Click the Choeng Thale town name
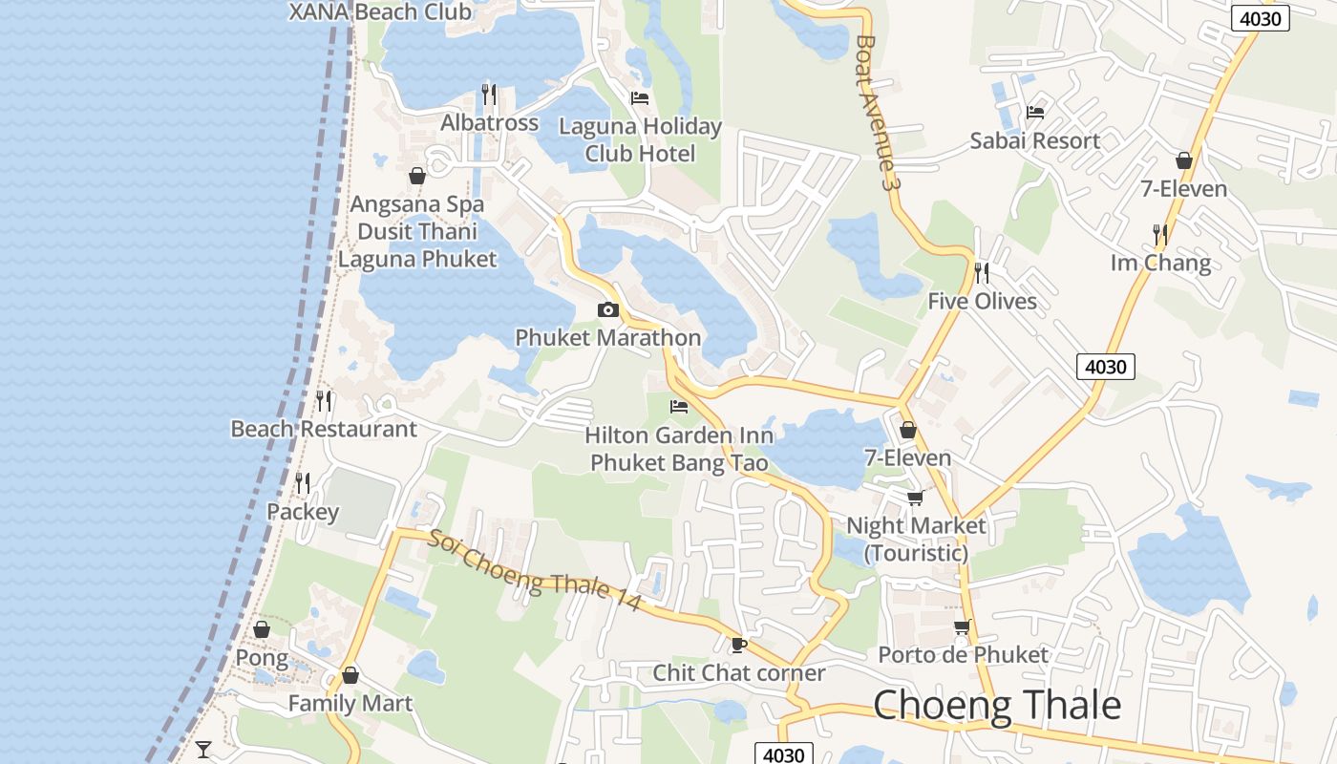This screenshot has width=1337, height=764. [997, 705]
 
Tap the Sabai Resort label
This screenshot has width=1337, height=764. [1035, 140]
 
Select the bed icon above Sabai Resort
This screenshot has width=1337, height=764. [1035, 112]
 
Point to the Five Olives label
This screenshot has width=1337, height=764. [982, 301]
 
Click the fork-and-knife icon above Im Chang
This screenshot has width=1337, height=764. [1160, 234]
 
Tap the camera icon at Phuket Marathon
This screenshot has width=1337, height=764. [607, 309]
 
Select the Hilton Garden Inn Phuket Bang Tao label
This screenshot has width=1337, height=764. [679, 449]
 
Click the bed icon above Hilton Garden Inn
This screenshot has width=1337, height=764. [679, 407]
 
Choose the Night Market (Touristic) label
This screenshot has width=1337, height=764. [916, 539]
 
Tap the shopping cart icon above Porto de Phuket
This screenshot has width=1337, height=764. [963, 626]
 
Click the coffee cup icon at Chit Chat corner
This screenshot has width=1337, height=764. [738, 645]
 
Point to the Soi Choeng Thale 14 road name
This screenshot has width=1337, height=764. [534, 570]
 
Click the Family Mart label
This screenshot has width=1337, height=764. [350, 704]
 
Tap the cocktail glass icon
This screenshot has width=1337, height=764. [203, 749]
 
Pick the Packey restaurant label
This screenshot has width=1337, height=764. [303, 512]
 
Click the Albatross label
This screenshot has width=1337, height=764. [489, 122]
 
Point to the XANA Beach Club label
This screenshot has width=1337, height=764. [380, 12]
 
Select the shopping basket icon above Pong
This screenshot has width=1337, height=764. [262, 629]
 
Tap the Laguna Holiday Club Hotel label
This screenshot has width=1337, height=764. [640, 139]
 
